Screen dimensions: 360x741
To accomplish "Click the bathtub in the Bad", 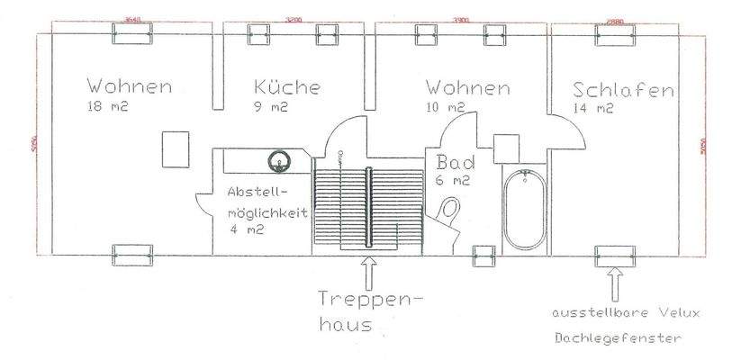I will tap(523, 210).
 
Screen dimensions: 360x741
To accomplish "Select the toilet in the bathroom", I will tap(450, 214).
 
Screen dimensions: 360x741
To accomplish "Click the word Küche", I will tap(286, 88).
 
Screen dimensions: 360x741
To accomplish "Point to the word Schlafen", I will tap(623, 91).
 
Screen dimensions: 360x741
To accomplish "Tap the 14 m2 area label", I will tap(592, 109).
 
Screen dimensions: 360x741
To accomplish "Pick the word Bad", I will tap(455, 163).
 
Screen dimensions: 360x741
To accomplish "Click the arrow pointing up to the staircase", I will tap(367, 271).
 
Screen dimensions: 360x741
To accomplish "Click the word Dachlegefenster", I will tap(619, 339).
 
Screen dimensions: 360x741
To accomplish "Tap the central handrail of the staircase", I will tap(368, 206).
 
